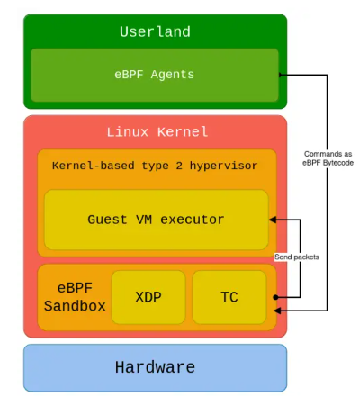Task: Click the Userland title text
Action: point(155,32)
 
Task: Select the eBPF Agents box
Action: point(155,75)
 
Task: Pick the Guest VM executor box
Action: point(156,219)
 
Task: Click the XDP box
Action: point(148,296)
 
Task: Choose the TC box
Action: point(229,296)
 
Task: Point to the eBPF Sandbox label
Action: point(75,296)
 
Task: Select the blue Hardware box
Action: point(155,367)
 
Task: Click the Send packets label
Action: point(296,257)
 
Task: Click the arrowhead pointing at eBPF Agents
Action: point(283,76)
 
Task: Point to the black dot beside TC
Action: point(274,295)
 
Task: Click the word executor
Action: point(194,220)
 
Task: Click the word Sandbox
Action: point(75,306)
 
